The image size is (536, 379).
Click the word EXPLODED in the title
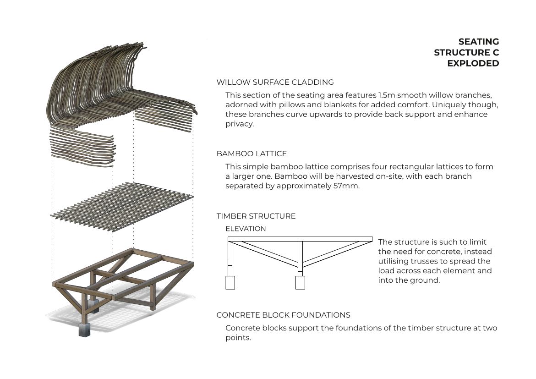point(473,64)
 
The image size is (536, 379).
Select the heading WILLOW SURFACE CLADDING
point(275,82)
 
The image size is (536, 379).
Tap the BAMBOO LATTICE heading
point(252,154)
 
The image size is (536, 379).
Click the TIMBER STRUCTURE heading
point(256,216)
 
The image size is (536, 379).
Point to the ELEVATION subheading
point(246,229)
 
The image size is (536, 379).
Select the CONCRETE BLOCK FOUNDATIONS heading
point(283,315)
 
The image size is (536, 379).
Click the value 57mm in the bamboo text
point(348,186)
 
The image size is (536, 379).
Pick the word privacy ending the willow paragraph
point(239,124)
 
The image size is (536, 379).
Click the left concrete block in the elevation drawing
point(230,282)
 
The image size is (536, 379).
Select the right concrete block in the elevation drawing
point(300,282)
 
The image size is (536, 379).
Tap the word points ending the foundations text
point(238,338)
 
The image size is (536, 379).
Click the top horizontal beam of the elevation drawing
point(300,239)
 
